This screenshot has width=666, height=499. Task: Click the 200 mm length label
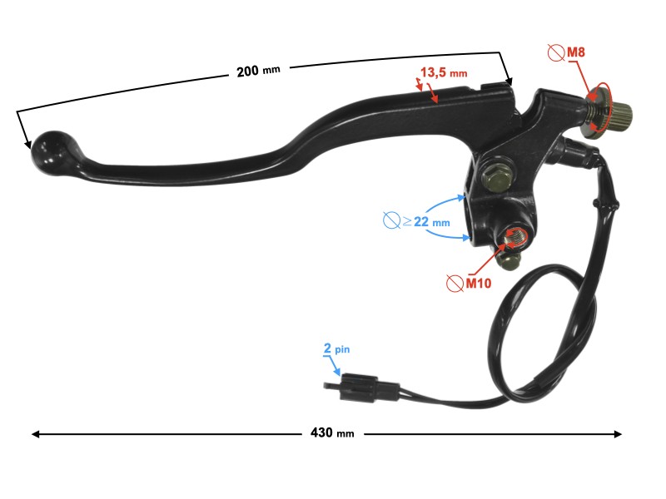[x=258, y=72]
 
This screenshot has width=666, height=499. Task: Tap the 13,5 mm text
[x=443, y=73]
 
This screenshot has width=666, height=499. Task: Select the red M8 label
[x=576, y=53]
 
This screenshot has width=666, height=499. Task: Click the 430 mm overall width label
[x=331, y=433]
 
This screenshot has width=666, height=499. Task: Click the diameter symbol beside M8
[x=555, y=54]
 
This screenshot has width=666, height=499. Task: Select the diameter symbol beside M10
[x=454, y=284]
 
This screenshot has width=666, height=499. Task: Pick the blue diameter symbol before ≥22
[x=391, y=221]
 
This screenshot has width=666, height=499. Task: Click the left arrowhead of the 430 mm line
[x=35, y=433]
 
